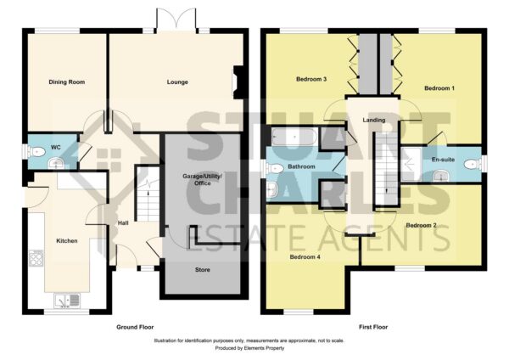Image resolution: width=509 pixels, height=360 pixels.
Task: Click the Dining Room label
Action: click(x=66, y=82)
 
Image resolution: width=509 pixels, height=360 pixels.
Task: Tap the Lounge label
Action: click(x=177, y=82)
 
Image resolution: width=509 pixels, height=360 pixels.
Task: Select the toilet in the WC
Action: click(x=36, y=151)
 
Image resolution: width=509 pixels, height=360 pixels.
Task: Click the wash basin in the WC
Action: click(x=58, y=163)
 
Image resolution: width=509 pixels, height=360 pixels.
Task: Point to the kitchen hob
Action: click(x=36, y=258)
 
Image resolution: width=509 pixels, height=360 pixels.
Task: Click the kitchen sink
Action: click(x=67, y=301)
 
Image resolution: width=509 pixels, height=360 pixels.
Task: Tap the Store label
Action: click(x=202, y=270)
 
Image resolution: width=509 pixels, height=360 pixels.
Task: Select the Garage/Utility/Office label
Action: click(x=202, y=180)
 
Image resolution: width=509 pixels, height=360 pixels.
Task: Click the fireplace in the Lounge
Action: click(x=238, y=82)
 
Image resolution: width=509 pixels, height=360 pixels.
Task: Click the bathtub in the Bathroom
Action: click(x=294, y=137)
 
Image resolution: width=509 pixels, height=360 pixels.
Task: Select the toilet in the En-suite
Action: click(x=473, y=165)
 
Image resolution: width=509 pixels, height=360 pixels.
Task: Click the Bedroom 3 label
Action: click(x=311, y=79)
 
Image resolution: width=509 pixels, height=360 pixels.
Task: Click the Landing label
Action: click(x=373, y=120)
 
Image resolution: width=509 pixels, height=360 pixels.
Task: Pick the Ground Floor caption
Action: click(x=135, y=327)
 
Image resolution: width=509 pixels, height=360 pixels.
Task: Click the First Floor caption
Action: click(x=373, y=327)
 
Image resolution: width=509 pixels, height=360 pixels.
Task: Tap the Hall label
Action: click(x=123, y=223)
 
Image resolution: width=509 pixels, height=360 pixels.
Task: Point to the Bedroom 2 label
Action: click(x=421, y=225)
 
